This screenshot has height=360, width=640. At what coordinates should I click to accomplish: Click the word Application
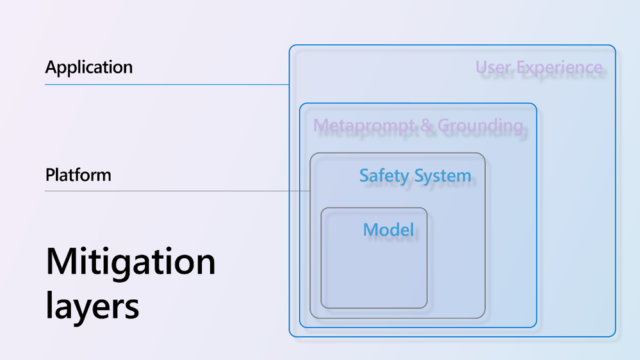coord(89,67)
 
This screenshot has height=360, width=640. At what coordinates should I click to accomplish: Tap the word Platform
coord(78,175)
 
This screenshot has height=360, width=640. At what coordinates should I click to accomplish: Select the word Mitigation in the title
coord(131,263)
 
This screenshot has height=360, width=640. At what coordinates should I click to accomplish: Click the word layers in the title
coord(92,307)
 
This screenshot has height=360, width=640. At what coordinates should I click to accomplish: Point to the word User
coord(494,67)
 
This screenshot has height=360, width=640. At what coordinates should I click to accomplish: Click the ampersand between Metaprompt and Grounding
coord(426,126)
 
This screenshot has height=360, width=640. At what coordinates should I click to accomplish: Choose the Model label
coord(388,229)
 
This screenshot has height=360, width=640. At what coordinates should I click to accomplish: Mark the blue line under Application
coord(167,85)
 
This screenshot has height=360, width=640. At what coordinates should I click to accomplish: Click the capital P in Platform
coord(50,175)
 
